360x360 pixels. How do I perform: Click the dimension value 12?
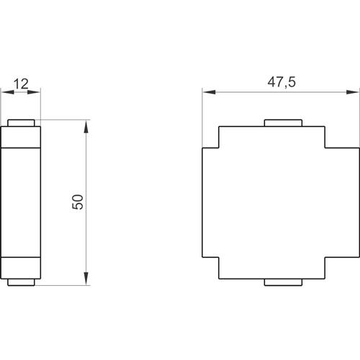click(21, 84)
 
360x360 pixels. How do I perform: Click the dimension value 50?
click(78, 202)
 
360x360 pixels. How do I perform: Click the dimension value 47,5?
click(282, 82)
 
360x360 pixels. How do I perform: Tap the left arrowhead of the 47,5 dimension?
click(209, 92)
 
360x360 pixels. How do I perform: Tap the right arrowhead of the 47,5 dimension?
click(353, 92)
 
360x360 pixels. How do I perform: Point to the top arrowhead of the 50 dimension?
click(86, 126)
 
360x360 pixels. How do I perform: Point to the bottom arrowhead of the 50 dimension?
click(86, 279)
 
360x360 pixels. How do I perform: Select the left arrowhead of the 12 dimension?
click(8, 92)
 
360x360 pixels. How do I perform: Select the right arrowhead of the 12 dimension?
click(34, 92)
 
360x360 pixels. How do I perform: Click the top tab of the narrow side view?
click(21, 123)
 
